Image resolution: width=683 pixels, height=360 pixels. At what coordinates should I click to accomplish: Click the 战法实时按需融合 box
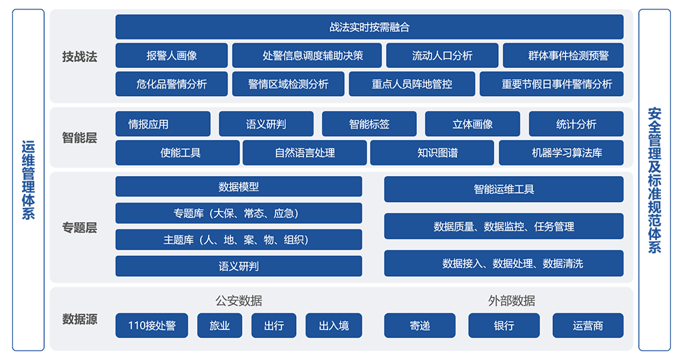[370, 27]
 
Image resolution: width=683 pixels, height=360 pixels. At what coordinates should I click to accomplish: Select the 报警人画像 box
[171, 55]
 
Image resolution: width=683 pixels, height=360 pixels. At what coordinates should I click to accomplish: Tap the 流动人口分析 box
[442, 55]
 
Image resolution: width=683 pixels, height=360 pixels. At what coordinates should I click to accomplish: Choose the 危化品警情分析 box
[171, 83]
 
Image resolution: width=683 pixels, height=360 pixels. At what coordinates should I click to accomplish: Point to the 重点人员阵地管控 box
[412, 83]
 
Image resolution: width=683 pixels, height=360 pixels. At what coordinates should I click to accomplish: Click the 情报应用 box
[163, 124]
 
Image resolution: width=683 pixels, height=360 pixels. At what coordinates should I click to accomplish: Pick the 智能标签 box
[370, 124]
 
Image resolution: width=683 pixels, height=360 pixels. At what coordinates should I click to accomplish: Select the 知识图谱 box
[432, 153]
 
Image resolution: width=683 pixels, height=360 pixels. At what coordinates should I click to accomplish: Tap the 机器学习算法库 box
[562, 153]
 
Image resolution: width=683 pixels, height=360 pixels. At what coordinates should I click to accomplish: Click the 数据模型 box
[239, 186]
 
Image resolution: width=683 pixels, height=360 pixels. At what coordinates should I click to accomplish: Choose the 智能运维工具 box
[504, 189]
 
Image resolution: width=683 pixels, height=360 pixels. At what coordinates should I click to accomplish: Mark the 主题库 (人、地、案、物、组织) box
[239, 239]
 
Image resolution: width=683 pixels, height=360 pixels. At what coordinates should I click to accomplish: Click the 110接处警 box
[151, 325]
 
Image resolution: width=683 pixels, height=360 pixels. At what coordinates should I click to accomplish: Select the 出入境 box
[333, 325]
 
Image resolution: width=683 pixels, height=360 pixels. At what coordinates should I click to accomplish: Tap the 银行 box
[504, 325]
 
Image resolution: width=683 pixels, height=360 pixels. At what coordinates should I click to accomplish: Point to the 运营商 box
[588, 325]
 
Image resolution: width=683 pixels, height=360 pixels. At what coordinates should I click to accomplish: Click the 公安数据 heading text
[239, 301]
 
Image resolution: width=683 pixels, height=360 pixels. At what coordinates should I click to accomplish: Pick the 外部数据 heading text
[512, 301]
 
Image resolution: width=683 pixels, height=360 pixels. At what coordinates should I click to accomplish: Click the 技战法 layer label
[79, 56]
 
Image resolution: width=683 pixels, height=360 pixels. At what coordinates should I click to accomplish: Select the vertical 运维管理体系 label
[28, 180]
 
